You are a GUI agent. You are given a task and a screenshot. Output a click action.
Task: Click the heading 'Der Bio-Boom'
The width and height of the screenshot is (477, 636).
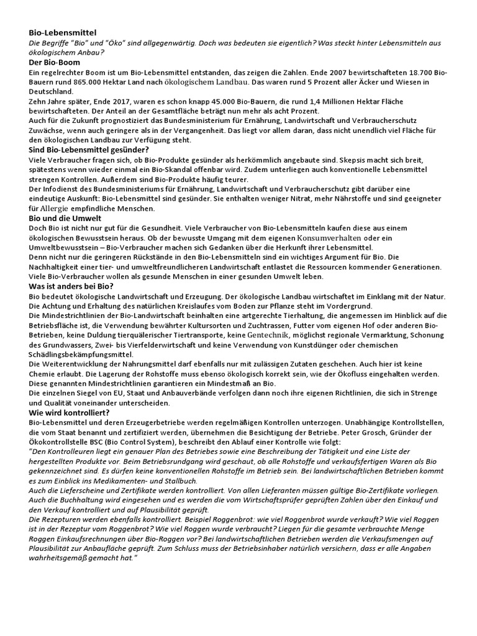coord(55,62)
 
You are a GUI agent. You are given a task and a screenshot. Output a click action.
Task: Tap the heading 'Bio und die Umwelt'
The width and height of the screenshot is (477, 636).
coord(65,218)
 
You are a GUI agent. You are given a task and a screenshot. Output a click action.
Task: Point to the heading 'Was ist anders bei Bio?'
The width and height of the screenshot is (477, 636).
coord(71,286)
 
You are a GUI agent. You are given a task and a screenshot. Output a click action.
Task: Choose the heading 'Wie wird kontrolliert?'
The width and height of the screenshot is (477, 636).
coord(70,412)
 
